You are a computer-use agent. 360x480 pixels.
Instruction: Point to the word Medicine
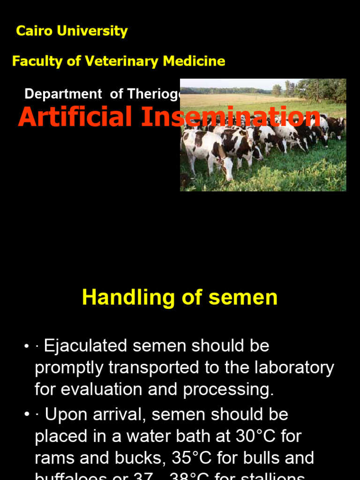pyautogui.click(x=194, y=61)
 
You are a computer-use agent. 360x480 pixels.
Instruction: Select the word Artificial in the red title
pyautogui.click(x=75, y=117)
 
